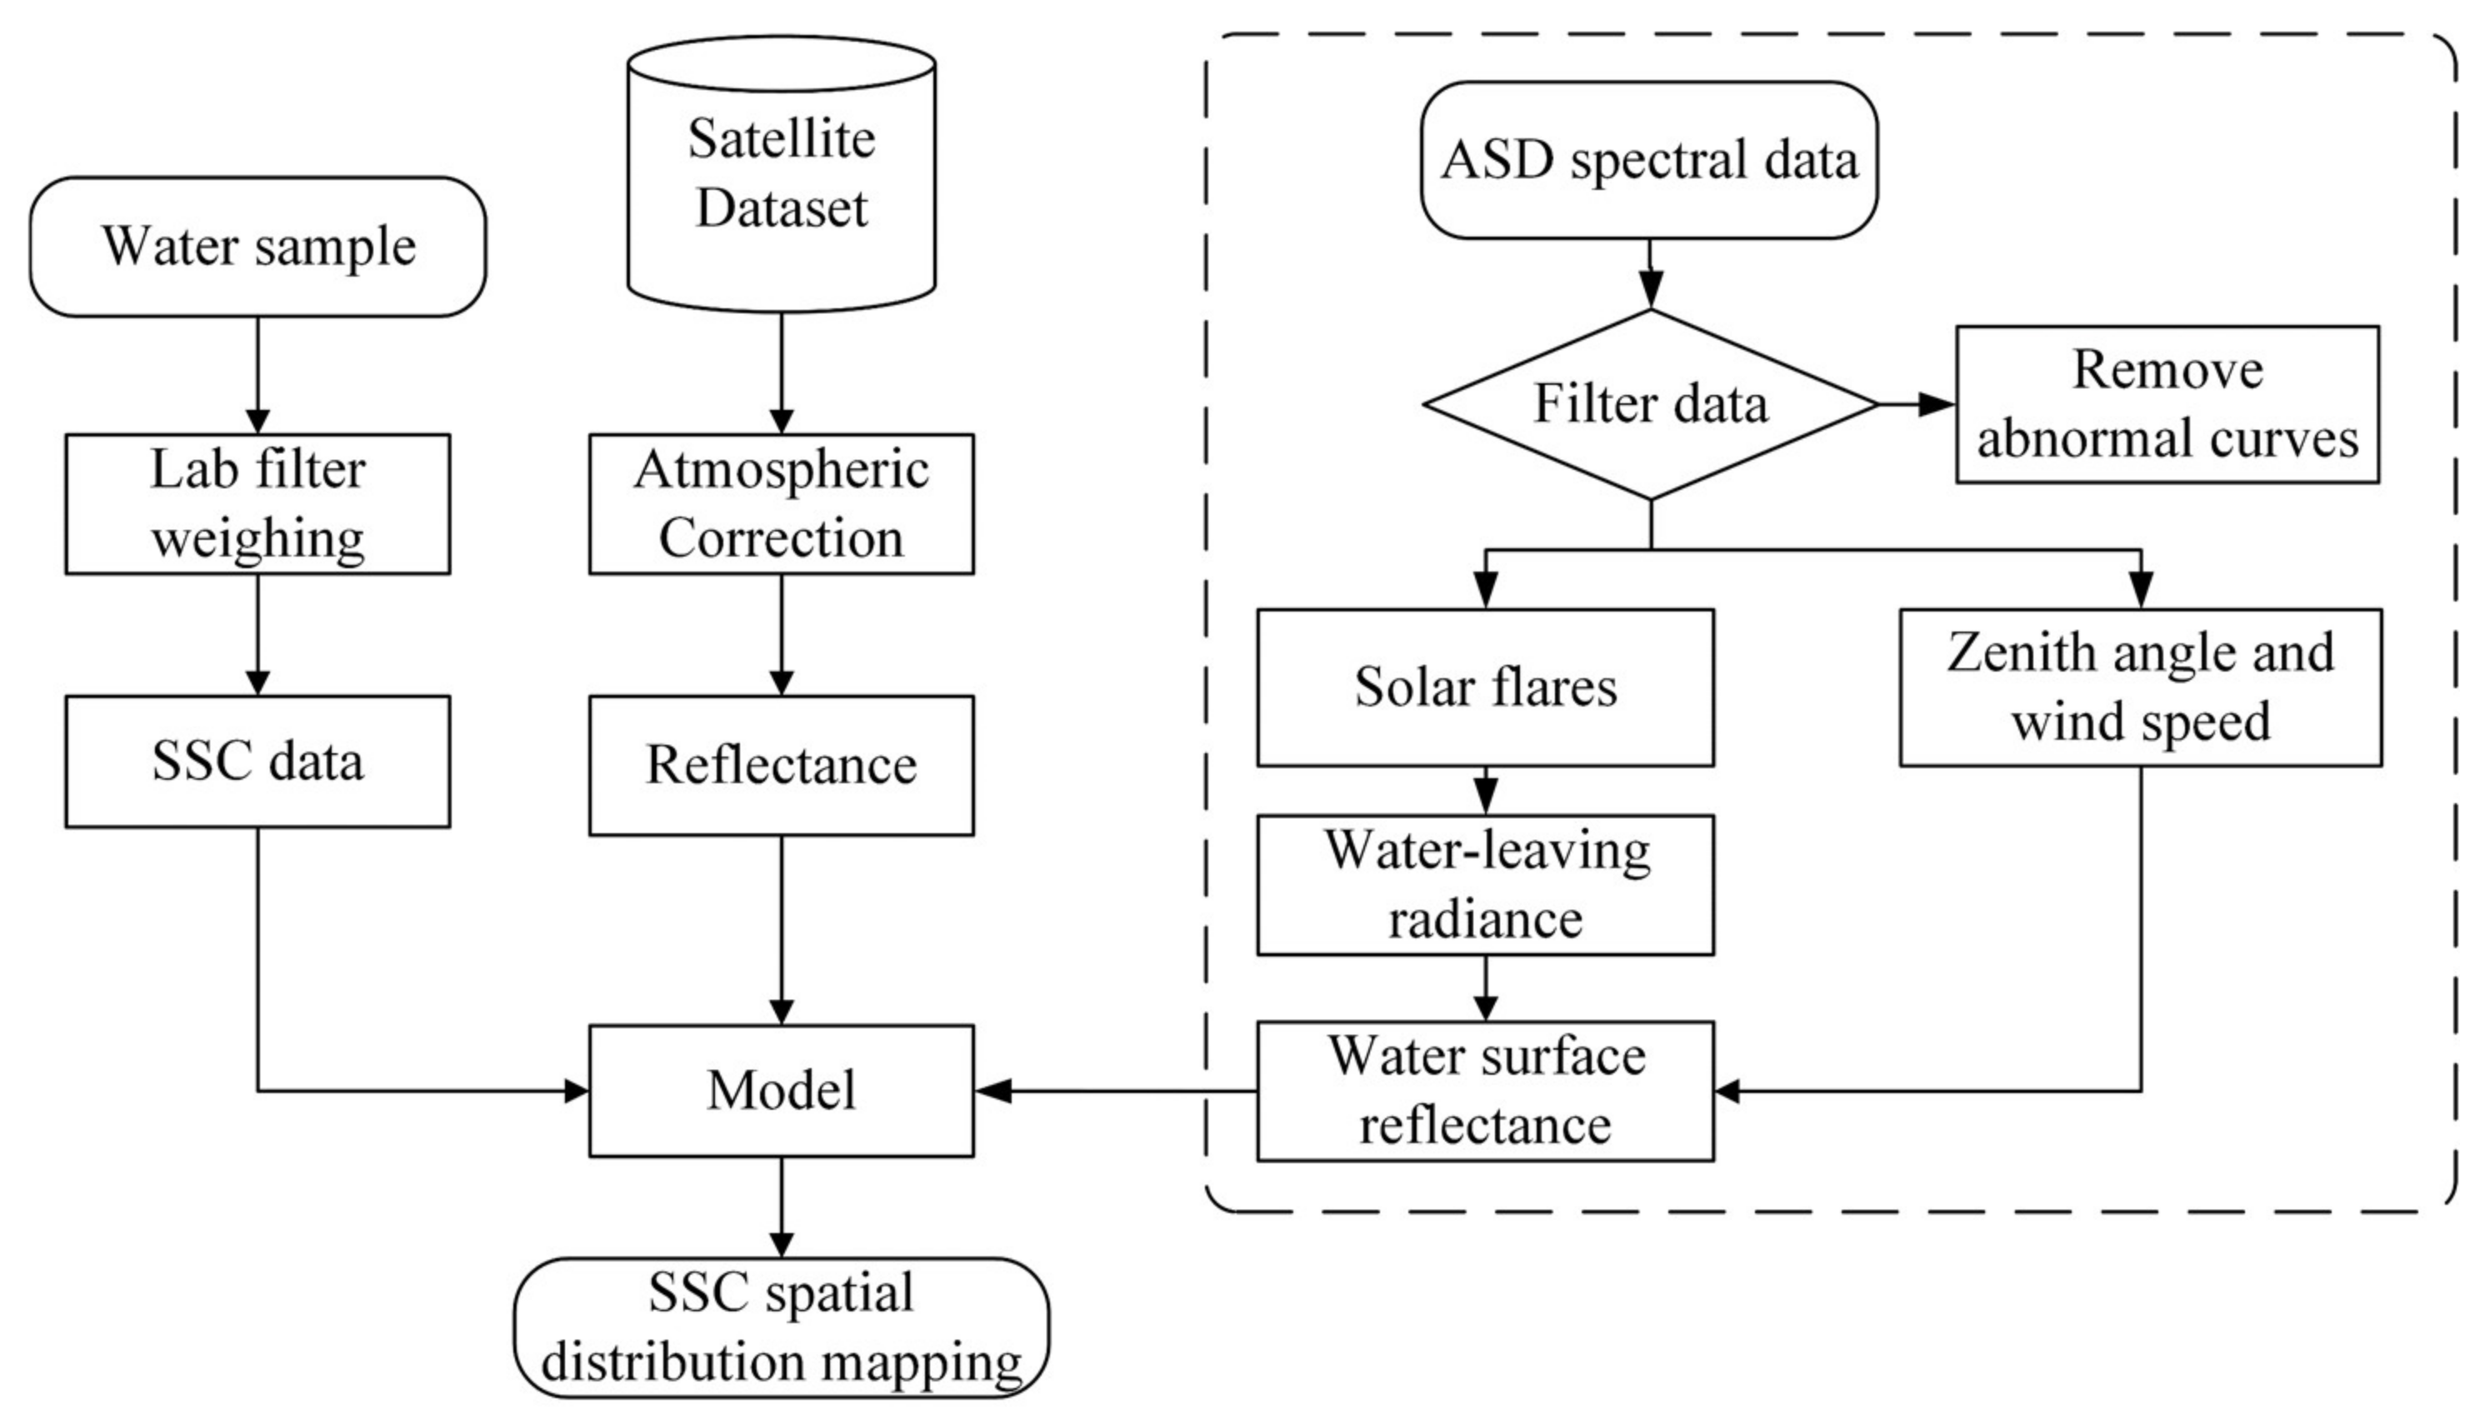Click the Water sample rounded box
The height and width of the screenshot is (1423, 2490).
(258, 247)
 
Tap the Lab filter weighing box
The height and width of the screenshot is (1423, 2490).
(258, 504)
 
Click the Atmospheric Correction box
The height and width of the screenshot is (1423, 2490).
(781, 504)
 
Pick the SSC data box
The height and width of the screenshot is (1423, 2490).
(258, 761)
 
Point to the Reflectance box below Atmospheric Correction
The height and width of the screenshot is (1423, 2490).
(781, 766)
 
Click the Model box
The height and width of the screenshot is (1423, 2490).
(781, 1091)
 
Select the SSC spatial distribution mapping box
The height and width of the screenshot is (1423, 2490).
(781, 1327)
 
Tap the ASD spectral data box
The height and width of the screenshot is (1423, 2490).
(1649, 160)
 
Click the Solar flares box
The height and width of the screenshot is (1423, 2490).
(1484, 687)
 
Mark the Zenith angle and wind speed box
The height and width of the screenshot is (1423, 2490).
(2140, 687)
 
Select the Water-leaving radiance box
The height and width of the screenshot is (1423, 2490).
(1484, 886)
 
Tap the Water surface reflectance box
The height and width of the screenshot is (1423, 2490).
(1484, 1091)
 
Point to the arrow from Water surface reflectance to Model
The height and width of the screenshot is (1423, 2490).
(1114, 1091)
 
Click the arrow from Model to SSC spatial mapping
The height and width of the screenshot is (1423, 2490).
(781, 1208)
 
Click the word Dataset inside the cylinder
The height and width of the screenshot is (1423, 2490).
(781, 208)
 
